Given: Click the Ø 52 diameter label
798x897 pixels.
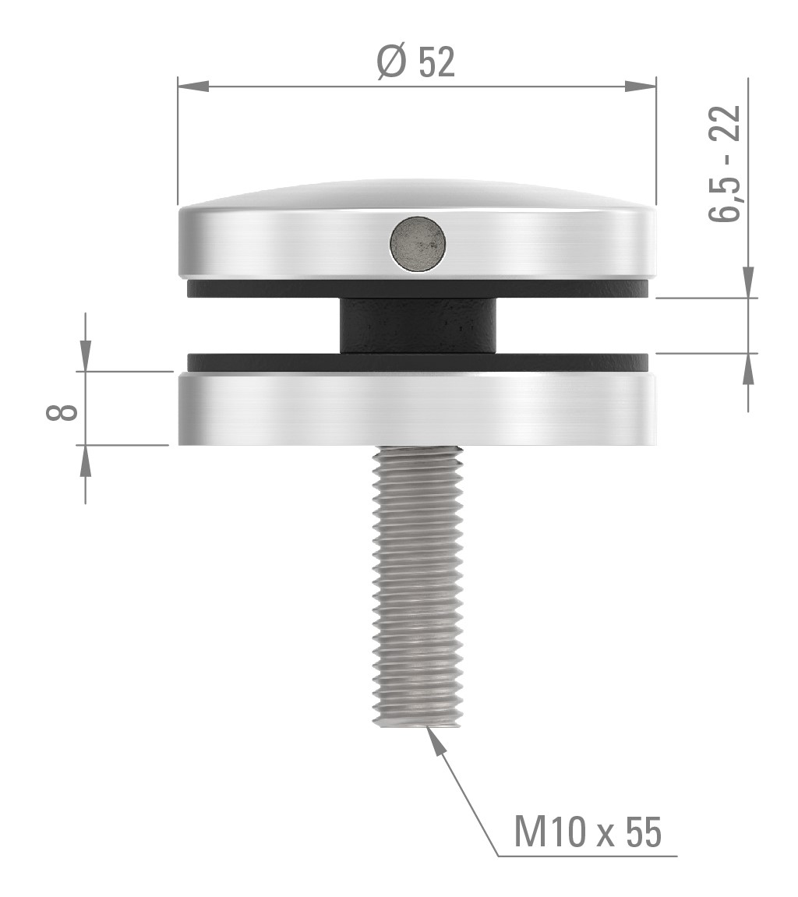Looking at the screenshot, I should pos(415,62).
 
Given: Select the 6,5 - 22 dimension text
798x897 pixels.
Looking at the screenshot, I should pos(725,164).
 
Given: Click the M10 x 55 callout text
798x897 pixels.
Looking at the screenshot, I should pos(588,832).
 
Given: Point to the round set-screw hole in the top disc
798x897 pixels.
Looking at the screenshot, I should pos(418,243).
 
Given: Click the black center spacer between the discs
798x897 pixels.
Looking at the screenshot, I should pos(418,326).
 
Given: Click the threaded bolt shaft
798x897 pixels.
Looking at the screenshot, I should pos(418,584).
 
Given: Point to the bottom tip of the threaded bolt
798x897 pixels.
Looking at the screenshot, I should pos(418,723).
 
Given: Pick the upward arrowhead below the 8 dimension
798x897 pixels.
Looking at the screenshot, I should pos(85,461).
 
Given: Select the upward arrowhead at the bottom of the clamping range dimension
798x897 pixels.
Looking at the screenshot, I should pos(748,369).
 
